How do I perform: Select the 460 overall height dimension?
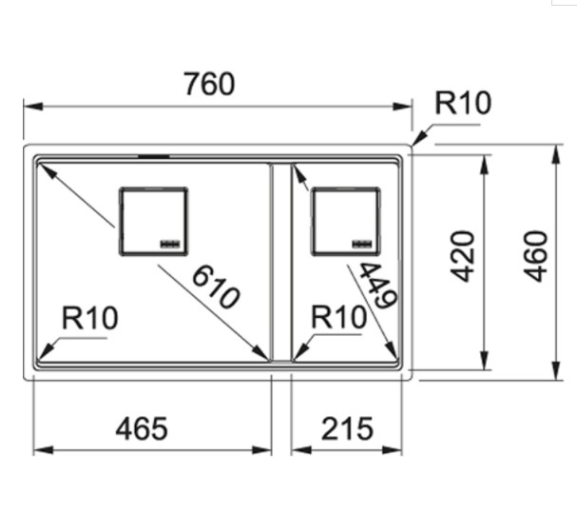[537, 255]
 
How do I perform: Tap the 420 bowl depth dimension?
[462, 255]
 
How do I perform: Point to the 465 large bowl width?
[142, 429]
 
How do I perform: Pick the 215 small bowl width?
[346, 429]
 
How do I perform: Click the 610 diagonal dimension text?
[215, 287]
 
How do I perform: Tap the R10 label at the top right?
[463, 103]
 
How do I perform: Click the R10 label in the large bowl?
[90, 318]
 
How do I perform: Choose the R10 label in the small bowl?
[339, 318]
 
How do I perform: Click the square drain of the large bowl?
[152, 221]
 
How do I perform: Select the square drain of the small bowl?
[345, 221]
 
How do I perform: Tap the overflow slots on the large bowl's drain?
[171, 245]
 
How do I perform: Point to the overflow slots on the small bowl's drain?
[364, 245]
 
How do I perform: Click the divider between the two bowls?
[280, 262]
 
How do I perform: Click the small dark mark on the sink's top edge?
[153, 152]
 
